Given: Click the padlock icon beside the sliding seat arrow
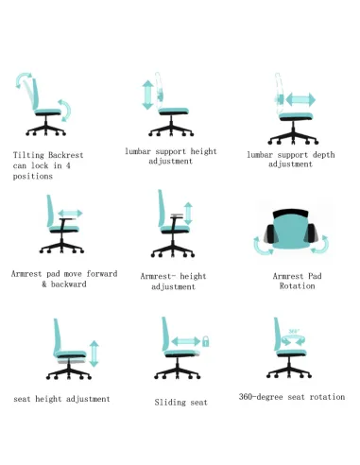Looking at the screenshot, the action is (x=206, y=341).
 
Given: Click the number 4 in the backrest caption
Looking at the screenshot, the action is (x=68, y=165).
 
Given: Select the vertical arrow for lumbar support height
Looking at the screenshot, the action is (x=147, y=95).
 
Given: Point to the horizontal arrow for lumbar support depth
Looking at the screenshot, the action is (x=300, y=100).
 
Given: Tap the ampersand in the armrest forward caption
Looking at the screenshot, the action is (x=44, y=284).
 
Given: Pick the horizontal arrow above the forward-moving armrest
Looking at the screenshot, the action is (x=70, y=214).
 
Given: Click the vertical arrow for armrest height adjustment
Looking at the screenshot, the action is (x=188, y=214).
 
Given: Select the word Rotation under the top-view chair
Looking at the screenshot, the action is (x=297, y=286).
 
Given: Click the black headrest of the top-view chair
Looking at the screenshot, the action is (x=290, y=214).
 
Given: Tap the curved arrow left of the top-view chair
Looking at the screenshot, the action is (x=262, y=246).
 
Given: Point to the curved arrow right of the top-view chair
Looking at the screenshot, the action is (x=321, y=245).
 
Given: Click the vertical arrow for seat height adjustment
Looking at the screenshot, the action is (x=94, y=353).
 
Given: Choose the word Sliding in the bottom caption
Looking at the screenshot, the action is (x=170, y=403).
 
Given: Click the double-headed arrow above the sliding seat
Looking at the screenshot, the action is (x=186, y=341).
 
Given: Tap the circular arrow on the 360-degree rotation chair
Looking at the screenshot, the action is (x=293, y=339).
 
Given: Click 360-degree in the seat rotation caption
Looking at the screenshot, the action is (x=261, y=397).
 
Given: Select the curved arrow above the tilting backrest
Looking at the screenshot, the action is (x=23, y=78).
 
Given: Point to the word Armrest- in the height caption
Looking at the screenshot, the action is (x=160, y=276).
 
